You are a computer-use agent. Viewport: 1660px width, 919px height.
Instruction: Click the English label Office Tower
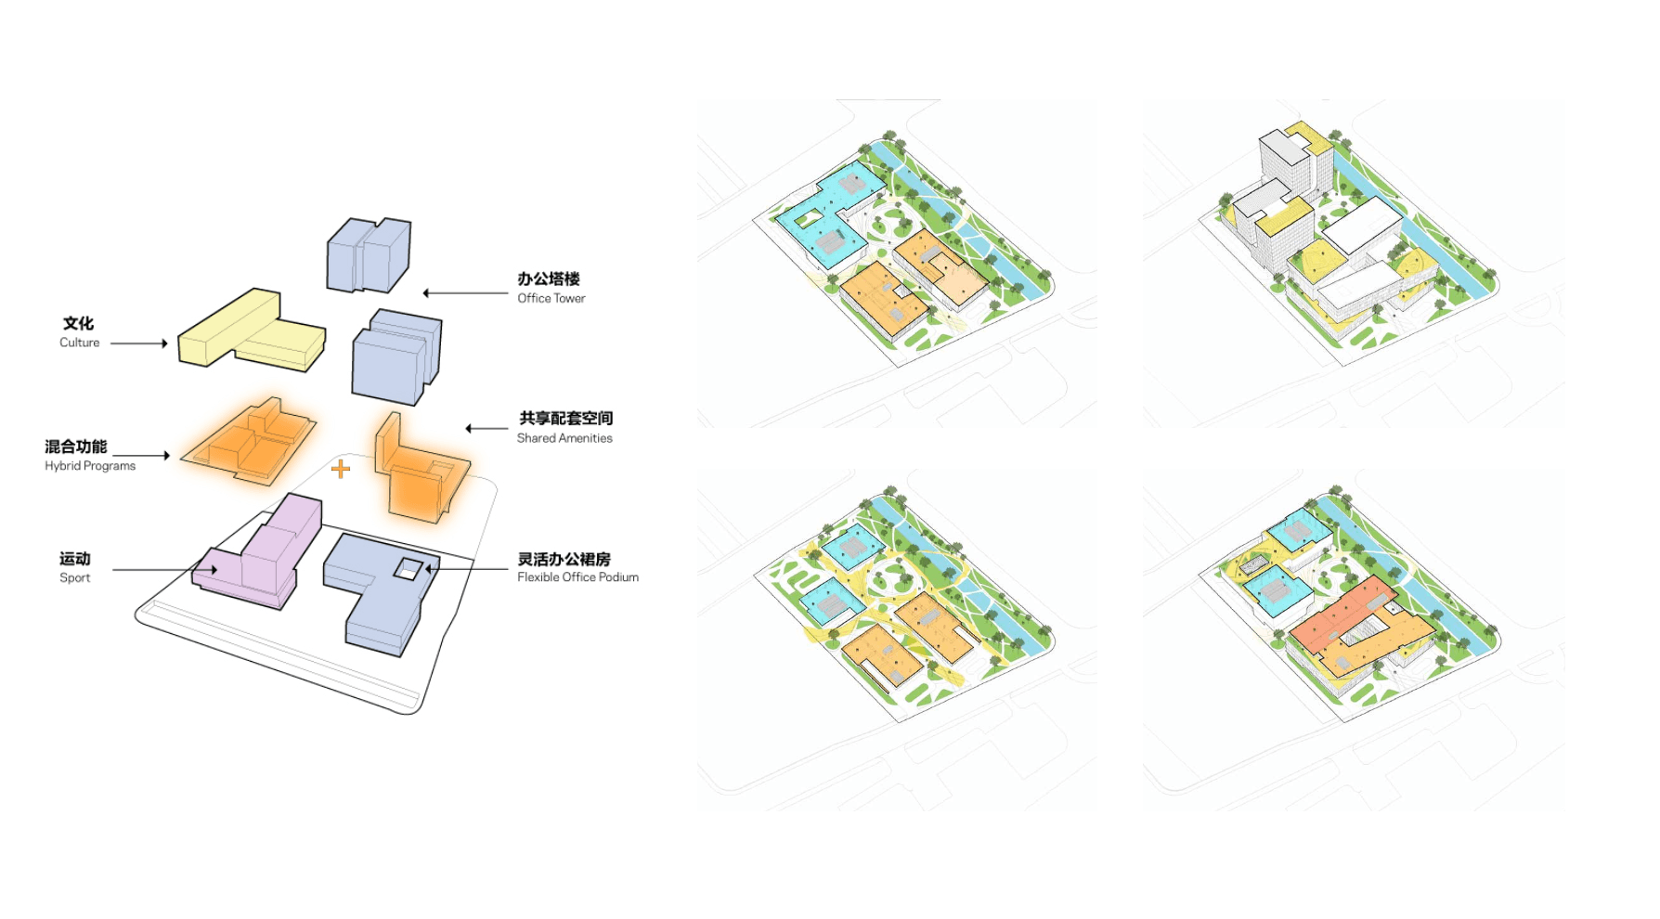(x=551, y=298)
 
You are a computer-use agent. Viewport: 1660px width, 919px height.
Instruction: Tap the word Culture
(x=80, y=343)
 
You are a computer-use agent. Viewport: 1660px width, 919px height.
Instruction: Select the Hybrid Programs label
(x=90, y=466)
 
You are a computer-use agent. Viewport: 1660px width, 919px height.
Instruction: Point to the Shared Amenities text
(x=564, y=438)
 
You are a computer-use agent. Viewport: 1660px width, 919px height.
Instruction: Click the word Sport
(x=75, y=577)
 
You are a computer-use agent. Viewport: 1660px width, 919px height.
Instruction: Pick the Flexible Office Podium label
(x=577, y=577)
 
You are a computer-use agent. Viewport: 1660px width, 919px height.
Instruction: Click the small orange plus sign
(x=341, y=469)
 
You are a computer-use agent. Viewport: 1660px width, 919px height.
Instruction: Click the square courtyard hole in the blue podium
(x=408, y=568)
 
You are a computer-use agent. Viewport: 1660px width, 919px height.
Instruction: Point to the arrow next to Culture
(x=139, y=343)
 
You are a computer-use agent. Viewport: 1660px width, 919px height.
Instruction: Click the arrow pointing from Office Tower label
(x=464, y=293)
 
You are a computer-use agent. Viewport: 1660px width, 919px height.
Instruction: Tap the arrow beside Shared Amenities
(x=486, y=429)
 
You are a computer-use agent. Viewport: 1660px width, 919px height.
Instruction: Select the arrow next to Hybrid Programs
(x=142, y=456)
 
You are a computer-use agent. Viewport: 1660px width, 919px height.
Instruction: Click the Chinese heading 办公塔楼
(x=549, y=278)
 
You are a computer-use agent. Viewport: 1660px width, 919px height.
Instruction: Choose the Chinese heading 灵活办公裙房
(x=564, y=559)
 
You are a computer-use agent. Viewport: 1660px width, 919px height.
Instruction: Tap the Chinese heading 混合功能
(x=76, y=447)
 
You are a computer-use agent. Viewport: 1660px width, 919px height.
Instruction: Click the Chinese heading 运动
(x=75, y=559)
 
